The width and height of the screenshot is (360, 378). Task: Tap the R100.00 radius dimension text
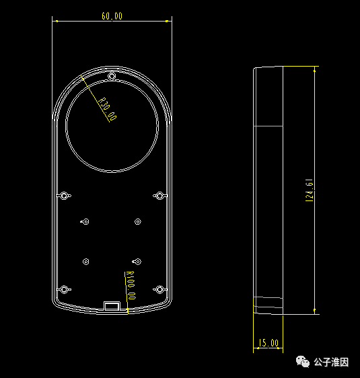130,287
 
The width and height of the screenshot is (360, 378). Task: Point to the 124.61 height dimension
309,190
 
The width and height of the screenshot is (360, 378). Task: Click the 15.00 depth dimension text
268,343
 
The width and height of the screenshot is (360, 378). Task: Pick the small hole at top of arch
112,77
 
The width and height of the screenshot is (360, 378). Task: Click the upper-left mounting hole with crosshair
65,196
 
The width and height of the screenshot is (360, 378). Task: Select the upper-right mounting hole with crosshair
159,196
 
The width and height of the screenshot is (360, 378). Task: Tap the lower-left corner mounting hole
65,289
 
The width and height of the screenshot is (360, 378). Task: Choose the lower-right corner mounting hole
159,289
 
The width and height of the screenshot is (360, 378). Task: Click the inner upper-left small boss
85,221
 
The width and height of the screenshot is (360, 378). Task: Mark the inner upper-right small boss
138,221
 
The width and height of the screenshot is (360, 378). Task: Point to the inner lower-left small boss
85,261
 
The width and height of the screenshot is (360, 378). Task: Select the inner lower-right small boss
137,261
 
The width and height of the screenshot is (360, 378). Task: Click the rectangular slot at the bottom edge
112,305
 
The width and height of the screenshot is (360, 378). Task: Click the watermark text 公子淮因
331,363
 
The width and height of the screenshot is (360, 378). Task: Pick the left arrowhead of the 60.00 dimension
55,21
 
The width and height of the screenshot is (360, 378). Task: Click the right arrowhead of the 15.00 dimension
281,349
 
